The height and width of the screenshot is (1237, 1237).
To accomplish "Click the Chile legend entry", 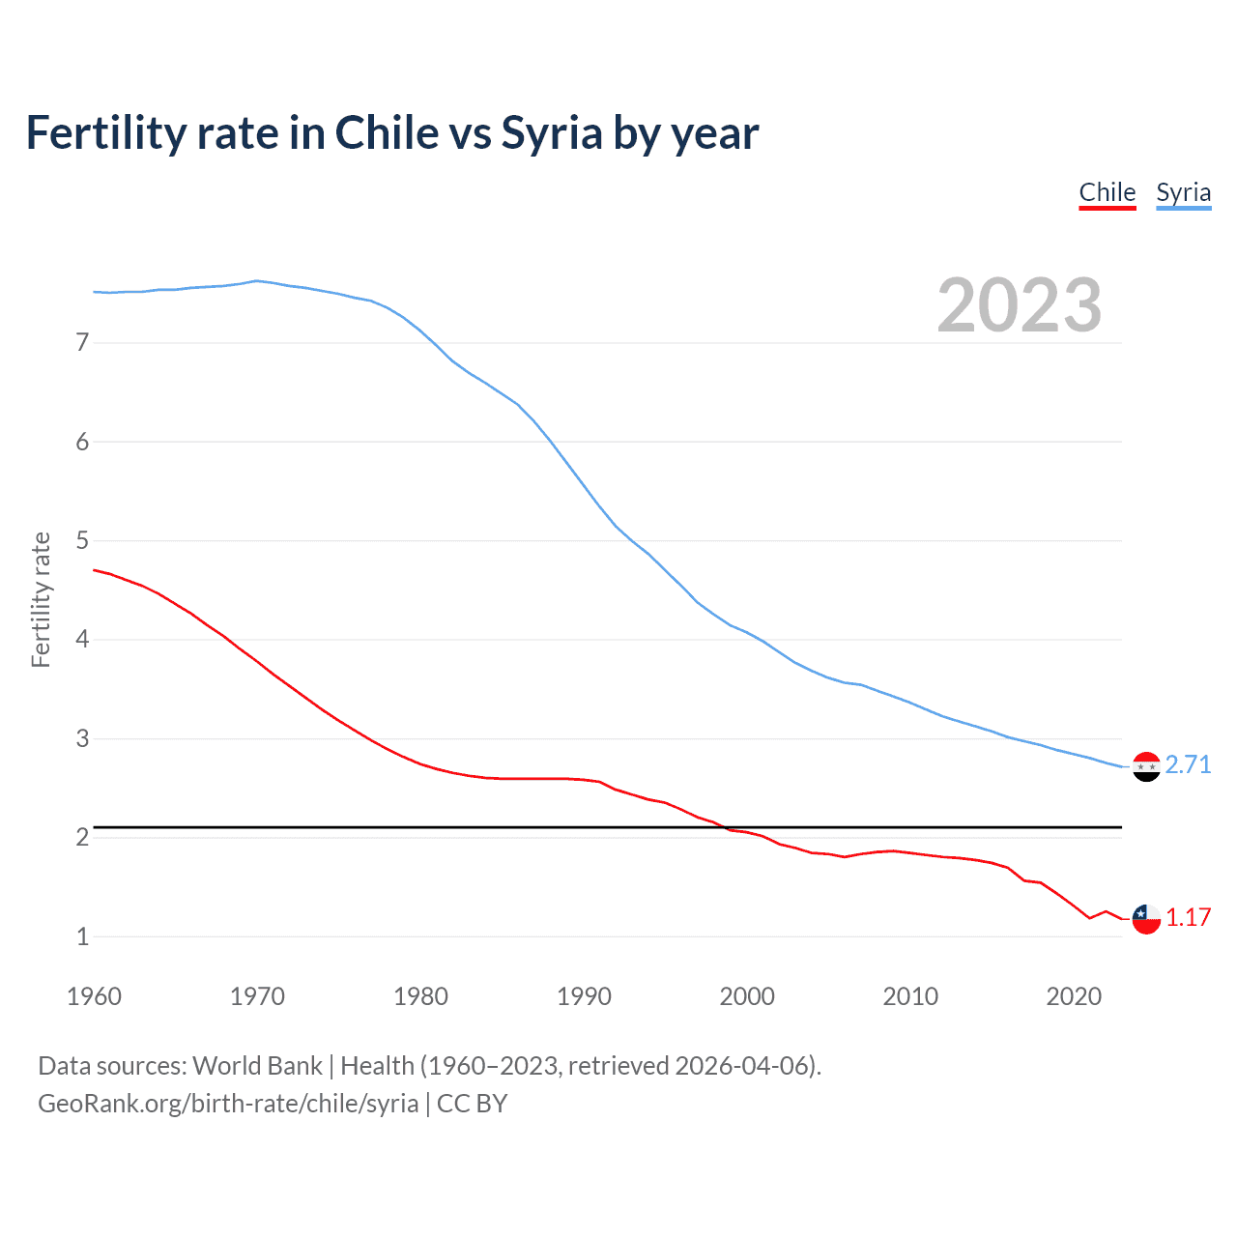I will coord(1107,192).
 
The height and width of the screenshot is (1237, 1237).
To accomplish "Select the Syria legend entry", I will coord(1183,192).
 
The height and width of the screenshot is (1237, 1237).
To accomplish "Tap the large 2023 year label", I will coord(1019,305).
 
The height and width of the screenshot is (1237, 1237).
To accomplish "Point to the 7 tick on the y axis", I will coord(82,342).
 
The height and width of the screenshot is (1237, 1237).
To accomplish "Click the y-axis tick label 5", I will coord(82,540).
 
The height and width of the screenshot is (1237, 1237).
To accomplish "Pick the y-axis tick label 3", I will coord(82,738).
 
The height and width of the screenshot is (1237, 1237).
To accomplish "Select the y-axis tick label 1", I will coord(82,936).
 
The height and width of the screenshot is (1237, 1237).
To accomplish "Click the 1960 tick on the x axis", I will coord(94,996).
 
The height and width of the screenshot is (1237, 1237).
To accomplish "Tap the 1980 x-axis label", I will coord(420,996).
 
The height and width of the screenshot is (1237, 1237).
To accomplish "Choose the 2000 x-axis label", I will coord(747,996).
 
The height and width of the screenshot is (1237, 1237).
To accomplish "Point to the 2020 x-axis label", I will coord(1074,996).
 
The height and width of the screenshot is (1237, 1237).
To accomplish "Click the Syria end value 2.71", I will coord(1188,764).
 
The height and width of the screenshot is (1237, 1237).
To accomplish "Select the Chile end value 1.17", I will coord(1188,917).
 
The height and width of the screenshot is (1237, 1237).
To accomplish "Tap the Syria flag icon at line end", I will coord(1146,766).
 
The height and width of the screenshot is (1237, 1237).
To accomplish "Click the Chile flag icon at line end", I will coord(1146,919).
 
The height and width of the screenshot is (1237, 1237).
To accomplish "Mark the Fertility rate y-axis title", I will coord(41,599).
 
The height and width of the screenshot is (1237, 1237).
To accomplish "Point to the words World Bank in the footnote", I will coord(257,1066).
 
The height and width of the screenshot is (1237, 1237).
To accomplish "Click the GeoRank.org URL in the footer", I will coord(228,1104).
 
